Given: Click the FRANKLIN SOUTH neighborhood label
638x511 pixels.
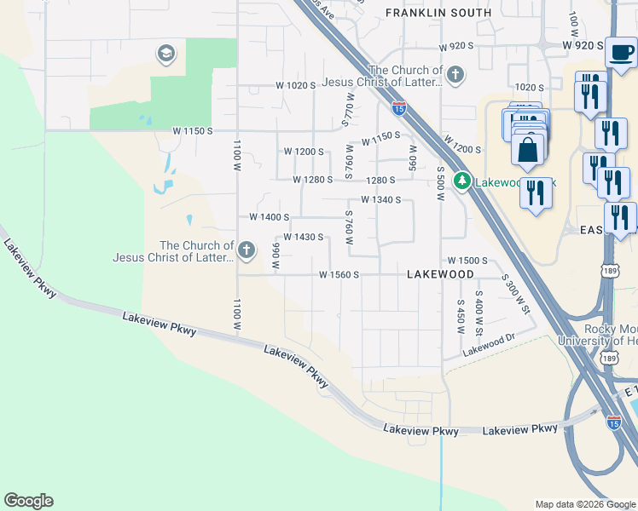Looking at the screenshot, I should point(438,13).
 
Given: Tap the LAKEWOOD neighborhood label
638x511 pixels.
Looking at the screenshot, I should point(440,275).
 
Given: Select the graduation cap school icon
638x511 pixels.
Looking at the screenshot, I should point(165,55).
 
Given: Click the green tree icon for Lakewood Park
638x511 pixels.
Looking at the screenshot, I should point(461,181).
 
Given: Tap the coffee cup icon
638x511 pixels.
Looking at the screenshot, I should point(621,52).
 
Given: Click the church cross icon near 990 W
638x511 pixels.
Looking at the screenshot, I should point(246,250).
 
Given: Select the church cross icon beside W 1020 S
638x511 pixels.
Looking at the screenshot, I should point(455,74).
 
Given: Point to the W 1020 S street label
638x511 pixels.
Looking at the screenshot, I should point(296,86).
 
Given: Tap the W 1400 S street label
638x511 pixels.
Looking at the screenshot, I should point(270,218).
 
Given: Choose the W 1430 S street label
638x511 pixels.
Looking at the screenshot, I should point(302,237).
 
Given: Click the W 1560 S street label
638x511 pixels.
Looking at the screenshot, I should point(339,275).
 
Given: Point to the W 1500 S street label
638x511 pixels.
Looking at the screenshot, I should point(467,261).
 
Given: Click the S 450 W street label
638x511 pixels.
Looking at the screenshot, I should point(461,315).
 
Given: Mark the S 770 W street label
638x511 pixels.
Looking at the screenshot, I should point(346,112).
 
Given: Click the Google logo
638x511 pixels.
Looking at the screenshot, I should point(28,501).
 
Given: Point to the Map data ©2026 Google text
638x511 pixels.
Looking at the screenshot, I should point(585,504).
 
